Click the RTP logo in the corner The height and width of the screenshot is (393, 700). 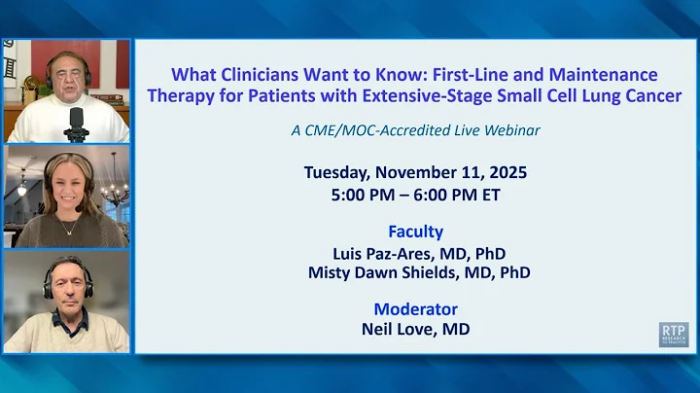click(x=673, y=334)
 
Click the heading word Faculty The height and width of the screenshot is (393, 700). click(x=415, y=232)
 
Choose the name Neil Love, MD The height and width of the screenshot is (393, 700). click(x=415, y=329)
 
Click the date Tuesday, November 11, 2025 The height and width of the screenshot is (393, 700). click(x=415, y=172)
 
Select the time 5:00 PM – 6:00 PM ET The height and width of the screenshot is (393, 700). click(x=415, y=193)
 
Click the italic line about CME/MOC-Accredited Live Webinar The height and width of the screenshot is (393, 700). click(x=415, y=129)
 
